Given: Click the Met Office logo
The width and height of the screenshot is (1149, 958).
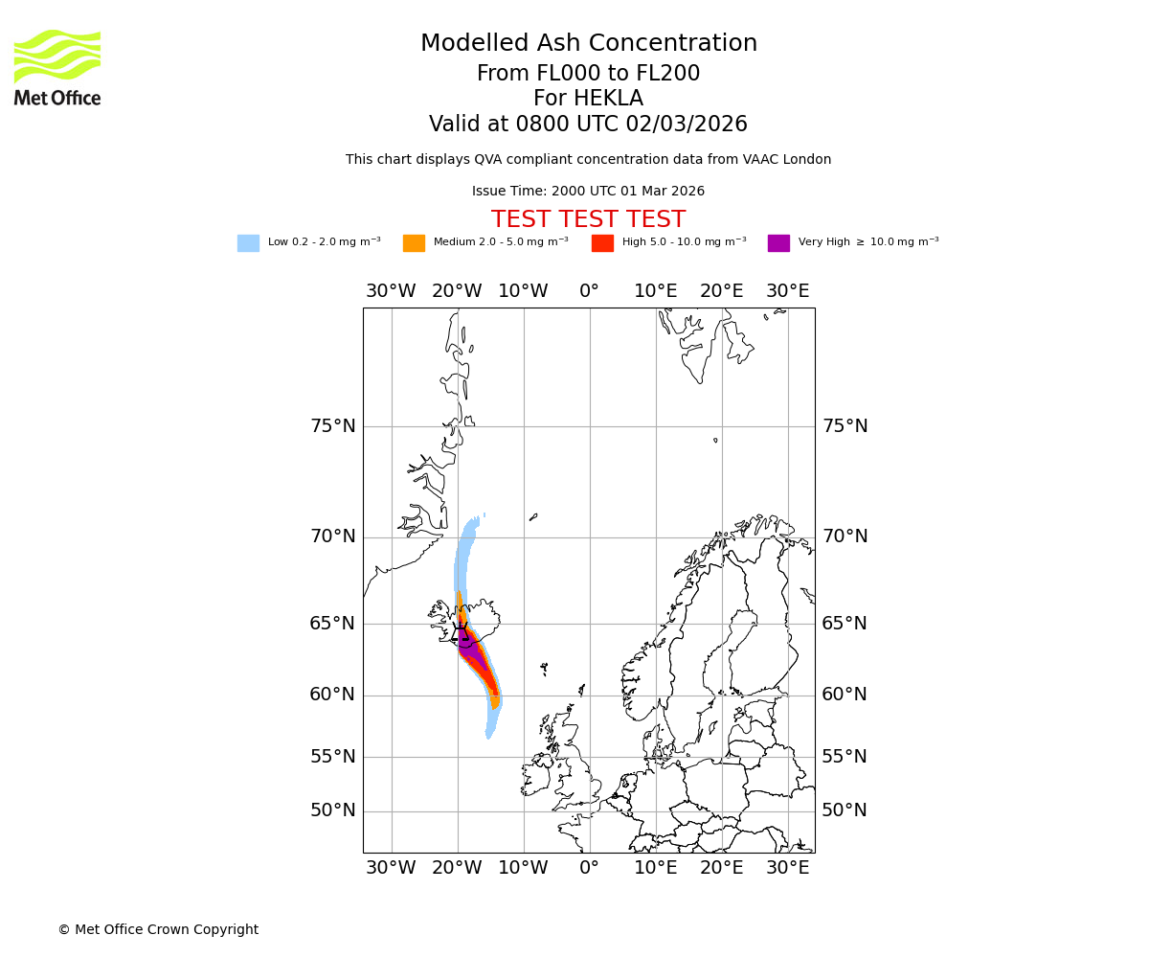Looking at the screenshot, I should [57, 67].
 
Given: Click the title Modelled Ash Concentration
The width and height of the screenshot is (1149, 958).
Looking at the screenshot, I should [588, 44].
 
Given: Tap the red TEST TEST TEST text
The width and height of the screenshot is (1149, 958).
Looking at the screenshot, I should [588, 219].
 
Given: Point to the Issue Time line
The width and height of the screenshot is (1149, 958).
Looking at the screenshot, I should [588, 192].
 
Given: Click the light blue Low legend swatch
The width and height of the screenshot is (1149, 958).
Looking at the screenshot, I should [248, 243].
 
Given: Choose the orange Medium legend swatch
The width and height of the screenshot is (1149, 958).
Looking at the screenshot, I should [414, 243].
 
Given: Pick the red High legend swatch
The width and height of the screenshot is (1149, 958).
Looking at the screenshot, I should [602, 243].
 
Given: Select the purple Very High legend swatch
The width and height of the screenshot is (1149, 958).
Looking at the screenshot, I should [778, 243].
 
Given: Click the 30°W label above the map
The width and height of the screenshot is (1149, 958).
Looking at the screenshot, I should [391, 291].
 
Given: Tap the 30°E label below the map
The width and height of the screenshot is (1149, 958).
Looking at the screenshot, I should [788, 868].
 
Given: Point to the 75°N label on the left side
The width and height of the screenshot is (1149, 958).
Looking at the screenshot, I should [332, 426].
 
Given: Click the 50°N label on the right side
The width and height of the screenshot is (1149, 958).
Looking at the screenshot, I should [845, 810].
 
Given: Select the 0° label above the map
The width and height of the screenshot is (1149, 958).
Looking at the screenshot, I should [589, 291].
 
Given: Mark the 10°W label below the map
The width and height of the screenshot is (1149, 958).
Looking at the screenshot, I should [523, 868].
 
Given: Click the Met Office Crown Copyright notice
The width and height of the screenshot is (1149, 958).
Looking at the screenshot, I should [158, 930].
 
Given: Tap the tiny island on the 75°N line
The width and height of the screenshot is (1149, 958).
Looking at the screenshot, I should [715, 441].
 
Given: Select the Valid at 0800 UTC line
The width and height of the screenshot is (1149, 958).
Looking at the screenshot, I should [588, 125].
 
